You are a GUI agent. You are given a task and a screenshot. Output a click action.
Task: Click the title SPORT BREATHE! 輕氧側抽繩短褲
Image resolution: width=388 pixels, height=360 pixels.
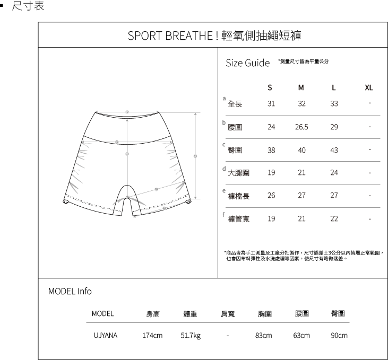click(215, 36)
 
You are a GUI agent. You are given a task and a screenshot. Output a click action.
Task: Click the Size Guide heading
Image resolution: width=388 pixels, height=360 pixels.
click(247, 63)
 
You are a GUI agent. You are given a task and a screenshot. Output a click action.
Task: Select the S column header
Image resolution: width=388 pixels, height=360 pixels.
click(270, 87)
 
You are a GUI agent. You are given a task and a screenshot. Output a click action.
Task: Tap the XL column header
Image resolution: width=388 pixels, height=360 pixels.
click(369, 87)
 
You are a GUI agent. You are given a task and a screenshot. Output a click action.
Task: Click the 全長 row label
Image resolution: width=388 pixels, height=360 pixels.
click(235, 104)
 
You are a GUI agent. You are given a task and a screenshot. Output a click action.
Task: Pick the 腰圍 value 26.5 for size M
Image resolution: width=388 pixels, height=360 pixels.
click(301, 127)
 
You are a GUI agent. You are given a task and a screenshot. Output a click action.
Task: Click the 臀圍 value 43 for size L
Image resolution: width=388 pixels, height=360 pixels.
click(333, 150)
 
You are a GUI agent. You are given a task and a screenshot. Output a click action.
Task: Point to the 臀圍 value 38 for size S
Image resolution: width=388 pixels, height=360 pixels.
click(271, 150)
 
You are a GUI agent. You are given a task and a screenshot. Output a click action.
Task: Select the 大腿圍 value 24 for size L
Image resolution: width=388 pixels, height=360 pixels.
click(333, 173)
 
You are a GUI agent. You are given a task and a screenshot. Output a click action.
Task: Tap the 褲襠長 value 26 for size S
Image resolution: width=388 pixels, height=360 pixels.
click(271, 196)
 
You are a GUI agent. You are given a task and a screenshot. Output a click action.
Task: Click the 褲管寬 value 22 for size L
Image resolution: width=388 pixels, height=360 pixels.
click(333, 218)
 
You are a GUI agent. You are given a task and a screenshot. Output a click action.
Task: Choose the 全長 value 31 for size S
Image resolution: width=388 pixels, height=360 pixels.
click(271, 104)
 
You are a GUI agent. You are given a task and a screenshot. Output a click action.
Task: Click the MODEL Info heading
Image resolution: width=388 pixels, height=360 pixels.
click(70, 291)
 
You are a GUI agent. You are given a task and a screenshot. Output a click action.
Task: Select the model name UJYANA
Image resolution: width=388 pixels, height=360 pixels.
click(105, 335)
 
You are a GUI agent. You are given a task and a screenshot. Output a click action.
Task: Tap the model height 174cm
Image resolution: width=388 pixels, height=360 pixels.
click(152, 335)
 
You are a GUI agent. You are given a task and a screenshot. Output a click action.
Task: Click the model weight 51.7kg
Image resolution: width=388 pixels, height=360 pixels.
click(191, 335)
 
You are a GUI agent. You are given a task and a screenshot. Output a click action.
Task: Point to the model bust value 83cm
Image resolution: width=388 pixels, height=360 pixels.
click(263, 335)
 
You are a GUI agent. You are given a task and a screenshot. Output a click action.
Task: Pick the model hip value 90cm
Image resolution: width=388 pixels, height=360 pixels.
click(339, 335)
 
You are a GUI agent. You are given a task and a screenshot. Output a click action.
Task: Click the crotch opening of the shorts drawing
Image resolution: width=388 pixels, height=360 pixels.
click(127, 194)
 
